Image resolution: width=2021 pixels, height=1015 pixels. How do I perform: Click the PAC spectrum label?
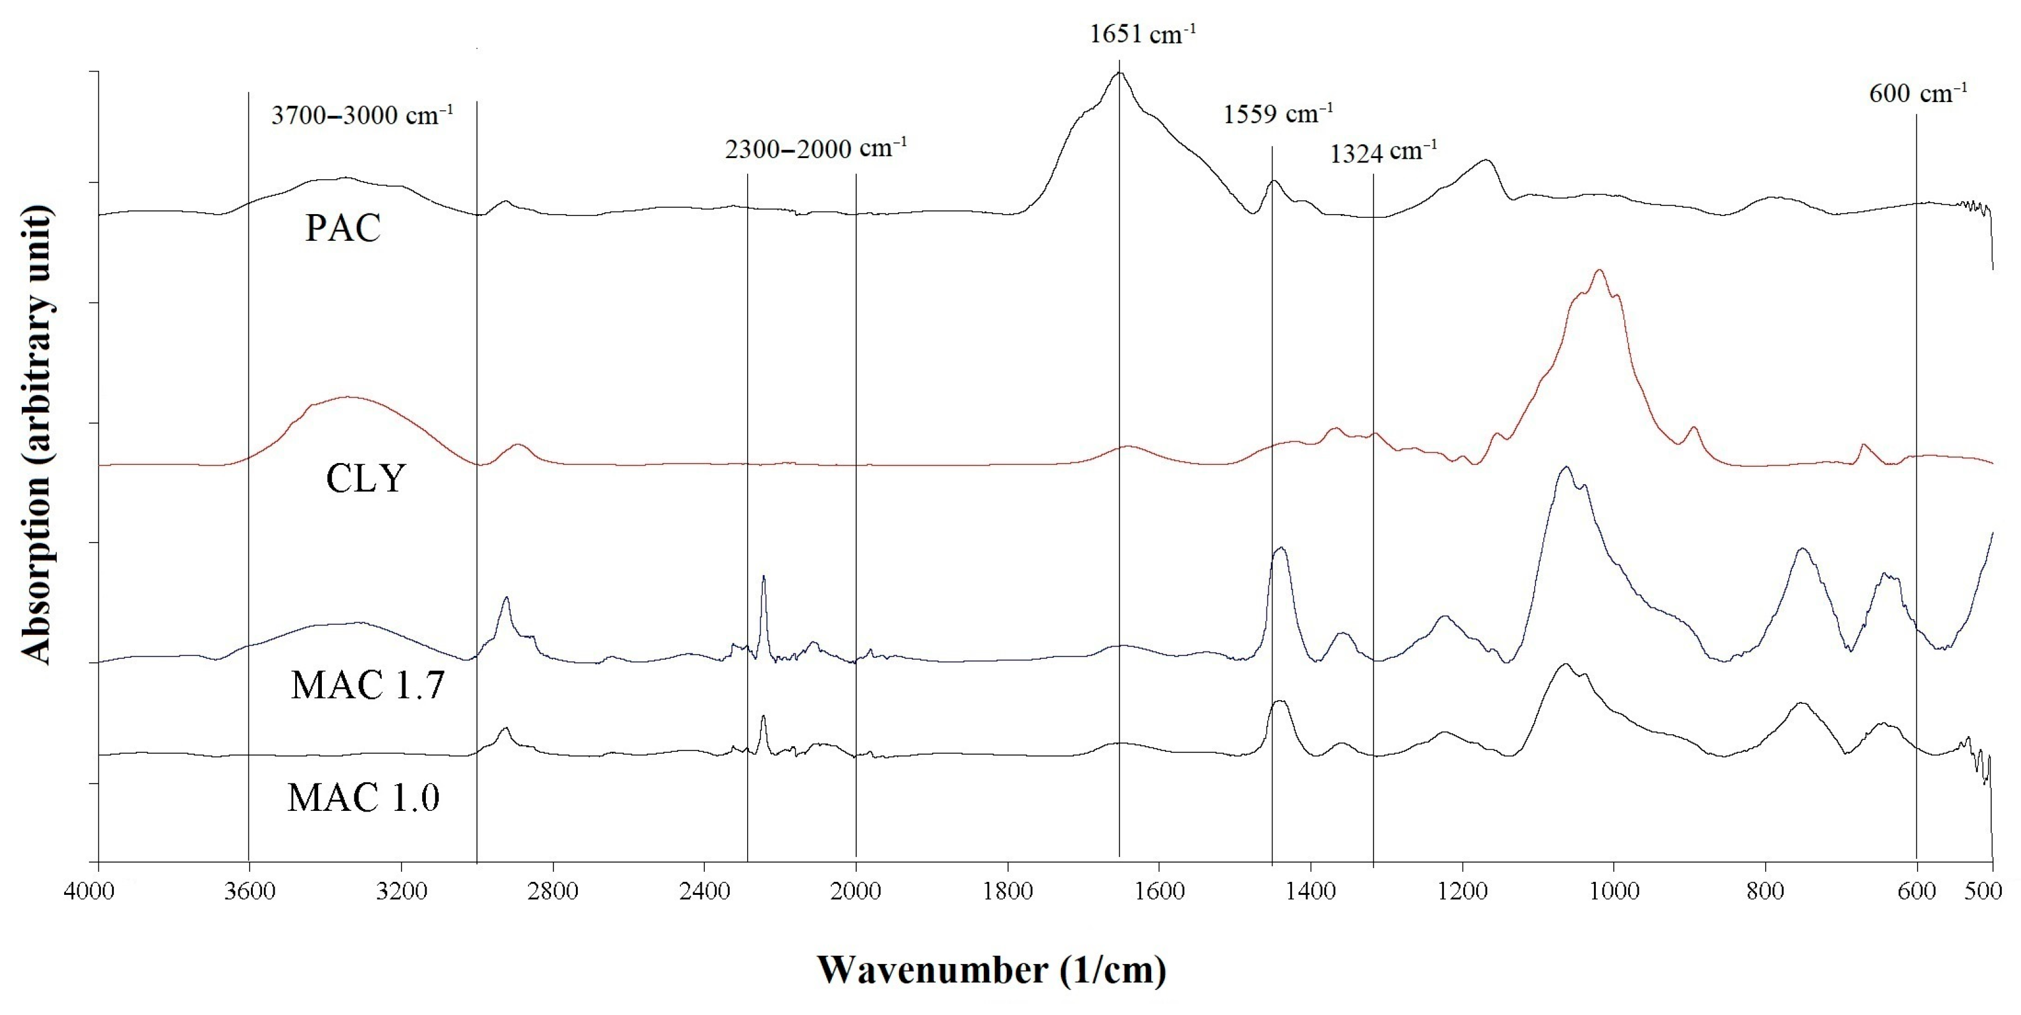[343, 228]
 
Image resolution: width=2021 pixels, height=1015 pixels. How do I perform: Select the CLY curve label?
[365, 479]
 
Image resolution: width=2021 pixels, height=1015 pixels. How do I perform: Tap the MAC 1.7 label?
[367, 685]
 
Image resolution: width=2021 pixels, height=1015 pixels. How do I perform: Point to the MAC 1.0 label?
[363, 798]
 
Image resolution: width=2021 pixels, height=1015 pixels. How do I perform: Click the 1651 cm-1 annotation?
[1142, 34]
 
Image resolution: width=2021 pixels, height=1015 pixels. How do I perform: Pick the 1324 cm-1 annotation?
[1383, 151]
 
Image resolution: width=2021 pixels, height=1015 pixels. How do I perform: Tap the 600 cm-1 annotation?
[1918, 93]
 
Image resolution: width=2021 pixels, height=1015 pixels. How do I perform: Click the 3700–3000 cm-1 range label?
[362, 115]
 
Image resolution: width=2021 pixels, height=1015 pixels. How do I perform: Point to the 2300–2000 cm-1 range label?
[816, 148]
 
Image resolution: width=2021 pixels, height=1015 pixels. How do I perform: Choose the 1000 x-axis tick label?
[1614, 891]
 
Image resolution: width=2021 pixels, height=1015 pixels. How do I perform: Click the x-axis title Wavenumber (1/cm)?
[992, 970]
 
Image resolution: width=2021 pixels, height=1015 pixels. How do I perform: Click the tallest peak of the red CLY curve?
[1599, 271]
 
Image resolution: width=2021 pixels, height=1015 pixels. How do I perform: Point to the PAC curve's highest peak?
[1119, 72]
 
